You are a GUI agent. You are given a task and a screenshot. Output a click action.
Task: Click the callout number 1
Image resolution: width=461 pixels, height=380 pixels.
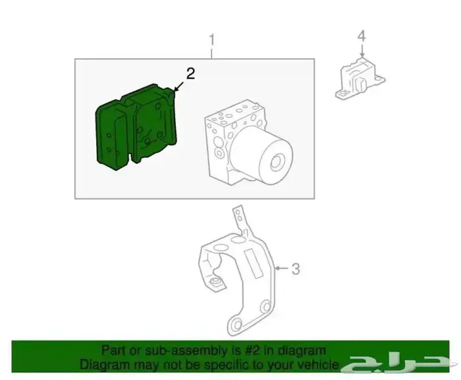(212, 40)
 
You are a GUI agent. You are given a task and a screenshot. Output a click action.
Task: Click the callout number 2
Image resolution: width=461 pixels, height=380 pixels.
(190, 74)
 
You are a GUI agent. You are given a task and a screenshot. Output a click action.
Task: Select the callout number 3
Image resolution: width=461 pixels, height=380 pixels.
(296, 268)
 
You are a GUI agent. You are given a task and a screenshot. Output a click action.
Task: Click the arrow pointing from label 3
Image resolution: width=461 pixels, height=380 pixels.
(279, 268)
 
